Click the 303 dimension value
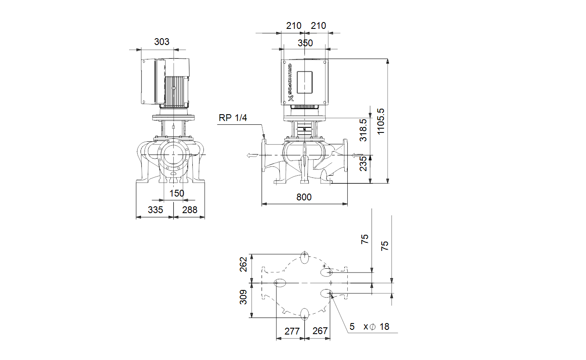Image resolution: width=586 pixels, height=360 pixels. tap(162, 42)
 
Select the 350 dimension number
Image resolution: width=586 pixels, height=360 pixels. tap(305, 43)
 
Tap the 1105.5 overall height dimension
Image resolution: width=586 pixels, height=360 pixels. tap(380, 121)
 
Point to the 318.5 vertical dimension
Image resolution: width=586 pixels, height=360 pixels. tap(363, 130)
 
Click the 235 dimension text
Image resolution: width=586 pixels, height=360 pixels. tap(363, 163)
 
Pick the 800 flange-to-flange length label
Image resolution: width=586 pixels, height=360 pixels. tap(304, 197)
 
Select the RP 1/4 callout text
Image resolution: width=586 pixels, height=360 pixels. tap(233, 118)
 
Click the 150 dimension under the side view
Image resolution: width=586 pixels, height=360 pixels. tap(177, 193)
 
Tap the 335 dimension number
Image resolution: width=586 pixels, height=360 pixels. tap(155, 210)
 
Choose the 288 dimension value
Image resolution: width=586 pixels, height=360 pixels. tap(190, 210)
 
